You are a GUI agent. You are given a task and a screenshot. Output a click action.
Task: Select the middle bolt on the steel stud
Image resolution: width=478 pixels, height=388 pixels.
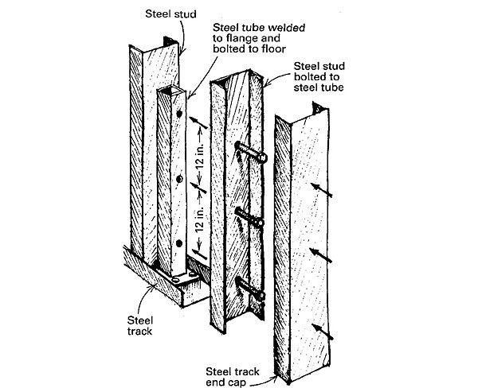click(248, 216)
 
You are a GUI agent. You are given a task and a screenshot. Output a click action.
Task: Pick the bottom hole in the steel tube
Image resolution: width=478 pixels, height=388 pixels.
click(182, 243)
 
